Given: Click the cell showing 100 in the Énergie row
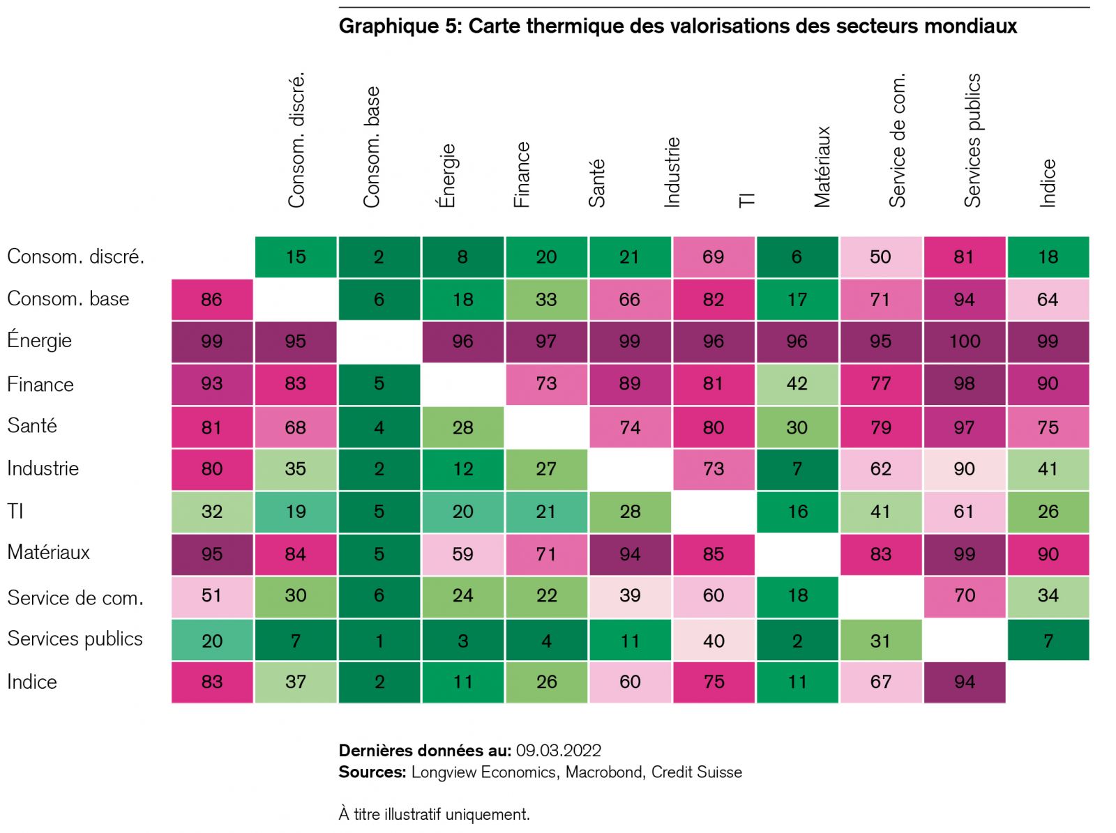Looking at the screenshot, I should tap(964, 342).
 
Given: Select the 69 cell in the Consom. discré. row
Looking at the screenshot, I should tap(713, 257).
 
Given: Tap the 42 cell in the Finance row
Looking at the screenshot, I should tap(797, 384).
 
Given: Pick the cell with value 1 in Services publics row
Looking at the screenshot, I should tap(379, 641).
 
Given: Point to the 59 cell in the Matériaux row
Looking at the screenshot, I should tap(462, 554).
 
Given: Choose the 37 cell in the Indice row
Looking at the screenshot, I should tap(295, 682).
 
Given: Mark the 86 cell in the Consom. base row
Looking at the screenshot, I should tap(211, 300).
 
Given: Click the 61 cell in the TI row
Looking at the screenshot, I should tap(964, 512).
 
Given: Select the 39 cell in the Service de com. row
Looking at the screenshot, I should tap(630, 596).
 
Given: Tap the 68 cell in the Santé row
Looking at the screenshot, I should tap(295, 427).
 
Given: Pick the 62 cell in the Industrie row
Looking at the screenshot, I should tap(880, 469).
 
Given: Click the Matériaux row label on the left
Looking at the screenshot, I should tap(49, 553).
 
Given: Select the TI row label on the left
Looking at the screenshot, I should tap(15, 512).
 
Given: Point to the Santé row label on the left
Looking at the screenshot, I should tap(32, 426).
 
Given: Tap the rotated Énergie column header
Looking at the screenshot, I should tap(446, 176).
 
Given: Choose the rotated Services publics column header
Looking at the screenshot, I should tap(972, 140).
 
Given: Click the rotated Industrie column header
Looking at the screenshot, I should tap(672, 172).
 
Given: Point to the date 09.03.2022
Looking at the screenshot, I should tap(558, 751).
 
